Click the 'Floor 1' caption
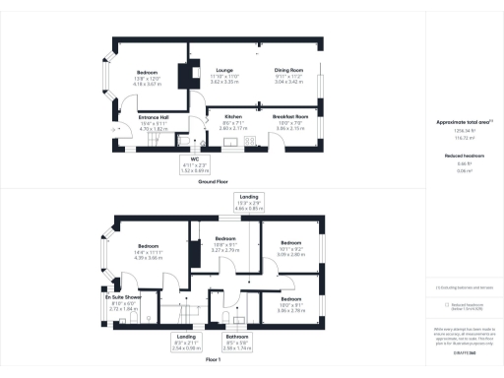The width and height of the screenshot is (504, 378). pyautogui.click(x=213, y=361)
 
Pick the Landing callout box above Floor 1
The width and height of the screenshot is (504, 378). pyautogui.click(x=249, y=203)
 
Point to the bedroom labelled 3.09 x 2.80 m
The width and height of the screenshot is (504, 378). pyautogui.click(x=290, y=245)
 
